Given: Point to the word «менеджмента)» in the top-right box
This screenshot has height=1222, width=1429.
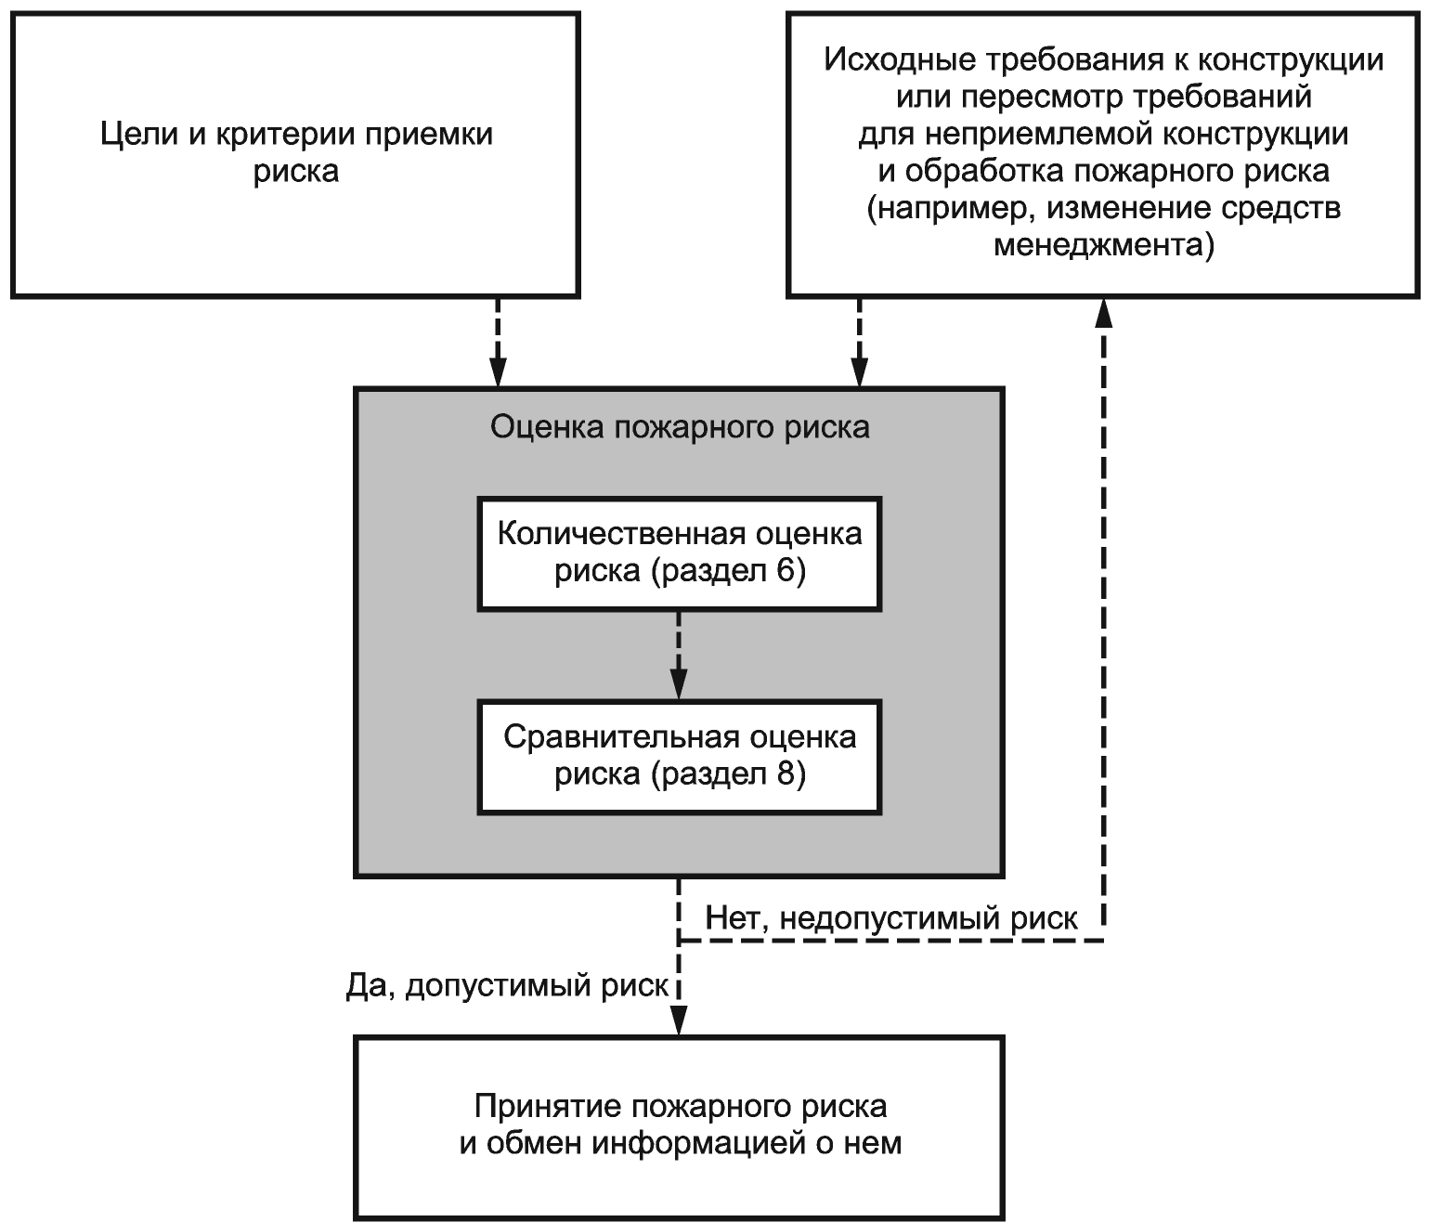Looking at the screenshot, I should tap(1103, 246).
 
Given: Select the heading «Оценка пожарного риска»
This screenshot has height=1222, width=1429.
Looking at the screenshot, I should tap(679, 427).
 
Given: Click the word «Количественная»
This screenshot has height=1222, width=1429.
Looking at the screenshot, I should tap(621, 534).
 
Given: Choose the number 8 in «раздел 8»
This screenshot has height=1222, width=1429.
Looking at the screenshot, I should tap(787, 773).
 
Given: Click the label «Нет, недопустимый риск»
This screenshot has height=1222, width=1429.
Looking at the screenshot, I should tap(891, 918).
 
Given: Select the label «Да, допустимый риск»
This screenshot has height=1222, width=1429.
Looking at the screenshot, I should tap(507, 985).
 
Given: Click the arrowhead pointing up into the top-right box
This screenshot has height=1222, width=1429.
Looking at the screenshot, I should tap(1103, 313).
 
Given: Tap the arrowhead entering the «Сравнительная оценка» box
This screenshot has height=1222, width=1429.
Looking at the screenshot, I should tap(679, 686).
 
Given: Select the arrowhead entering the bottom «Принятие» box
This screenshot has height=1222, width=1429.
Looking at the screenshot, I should tap(679, 1022).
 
